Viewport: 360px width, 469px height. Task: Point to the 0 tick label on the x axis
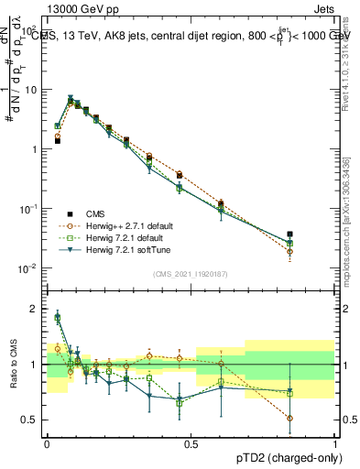point(46,444)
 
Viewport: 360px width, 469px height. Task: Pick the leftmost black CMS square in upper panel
point(57,141)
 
